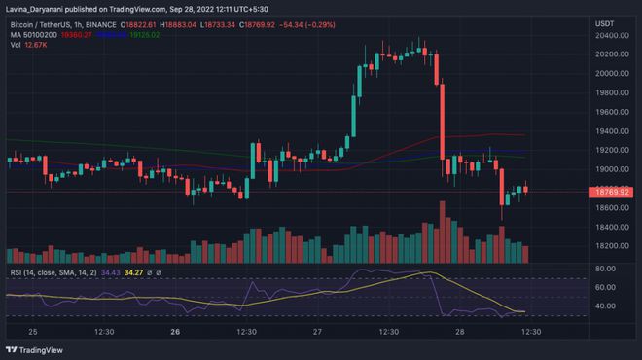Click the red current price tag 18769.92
click(619, 193)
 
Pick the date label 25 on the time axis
click(35, 332)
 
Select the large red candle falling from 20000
click(443, 122)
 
